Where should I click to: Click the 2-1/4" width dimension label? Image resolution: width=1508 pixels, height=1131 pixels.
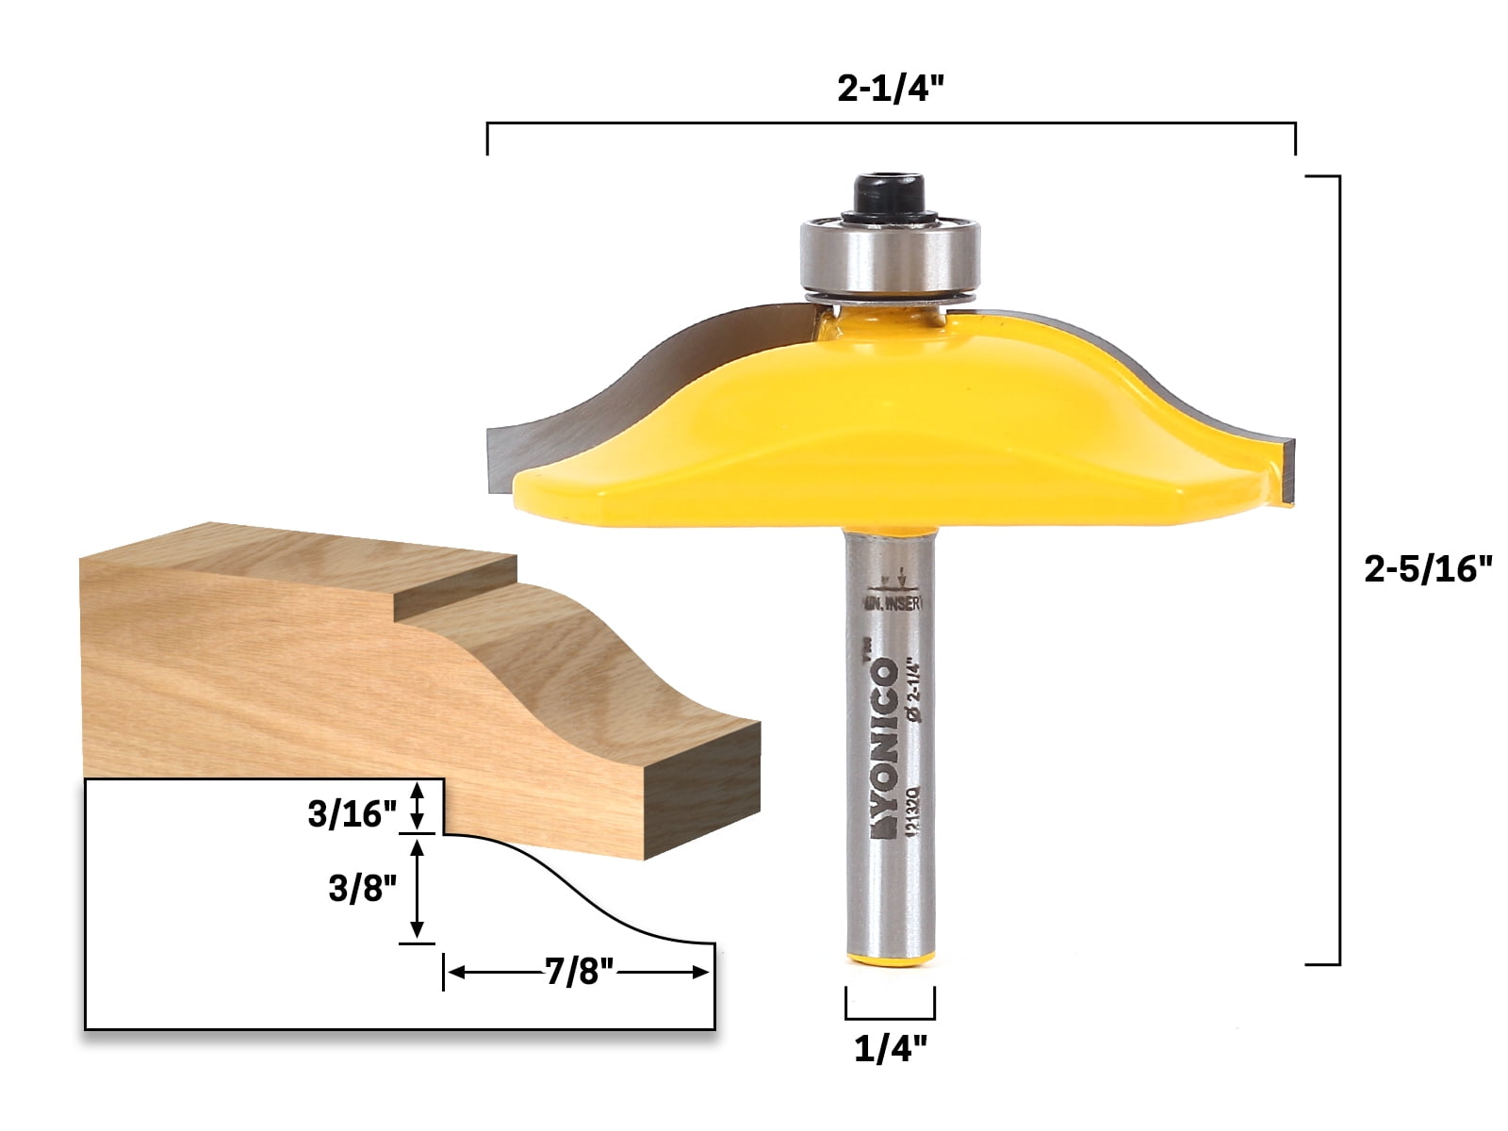click(890, 89)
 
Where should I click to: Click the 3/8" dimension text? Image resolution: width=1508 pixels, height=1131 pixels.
click(362, 888)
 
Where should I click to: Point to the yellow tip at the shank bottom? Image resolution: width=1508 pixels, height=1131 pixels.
click(890, 959)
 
